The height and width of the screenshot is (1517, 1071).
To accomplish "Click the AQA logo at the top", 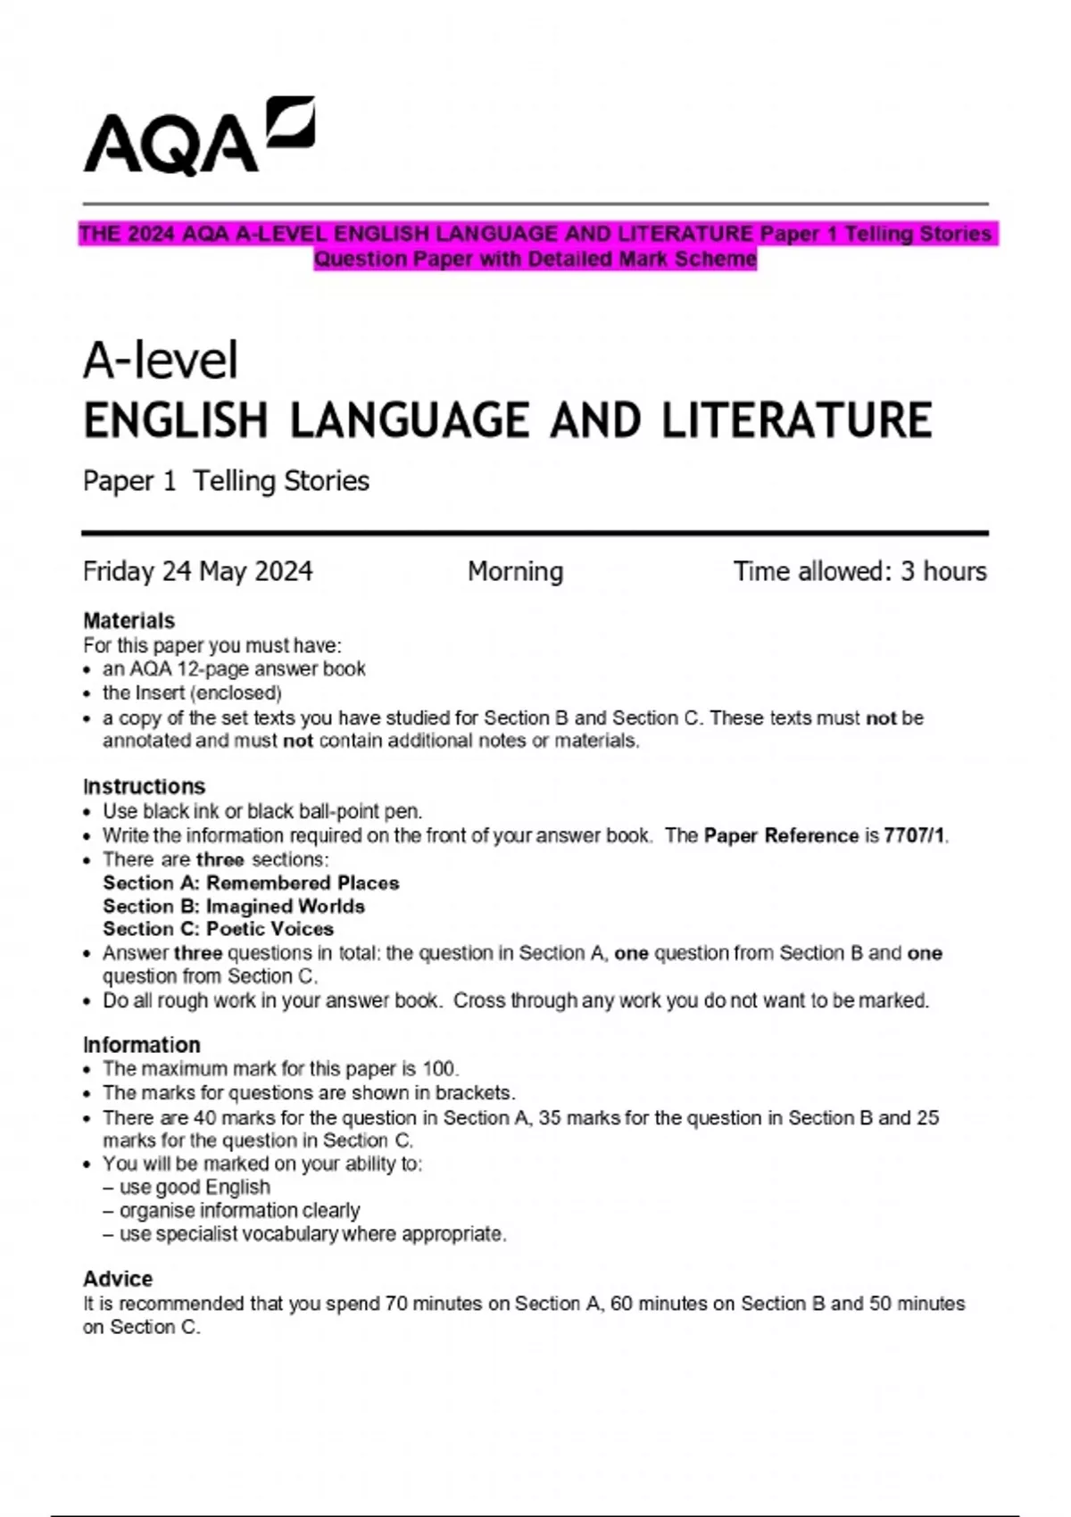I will coord(198,137).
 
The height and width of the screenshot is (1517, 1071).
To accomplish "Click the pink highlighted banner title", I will coord(535,246).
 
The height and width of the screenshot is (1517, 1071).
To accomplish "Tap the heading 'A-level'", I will coord(161,361).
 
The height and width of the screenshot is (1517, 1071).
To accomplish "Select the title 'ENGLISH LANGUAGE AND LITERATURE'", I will coord(507,421).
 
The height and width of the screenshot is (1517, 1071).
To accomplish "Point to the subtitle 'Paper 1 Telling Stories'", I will coord(226,481).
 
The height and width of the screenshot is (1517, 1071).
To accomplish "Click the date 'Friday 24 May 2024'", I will coord(197,571).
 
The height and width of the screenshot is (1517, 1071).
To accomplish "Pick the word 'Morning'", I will coord(515,571).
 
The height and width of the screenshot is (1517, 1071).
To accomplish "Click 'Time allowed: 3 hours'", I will coord(859,571).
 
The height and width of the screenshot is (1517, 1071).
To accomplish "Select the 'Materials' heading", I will coord(129,620).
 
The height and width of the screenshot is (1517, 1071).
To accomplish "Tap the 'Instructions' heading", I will coord(144,786).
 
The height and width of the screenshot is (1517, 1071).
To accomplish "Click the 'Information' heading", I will coord(141,1044).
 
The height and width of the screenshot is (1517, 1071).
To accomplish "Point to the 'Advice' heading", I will coord(118,1278).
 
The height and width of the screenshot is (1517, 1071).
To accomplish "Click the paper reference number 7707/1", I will coord(914,836).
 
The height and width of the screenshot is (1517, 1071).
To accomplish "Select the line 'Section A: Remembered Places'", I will coord(251,883).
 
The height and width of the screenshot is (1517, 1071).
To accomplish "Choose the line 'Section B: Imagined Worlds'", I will coord(234,906).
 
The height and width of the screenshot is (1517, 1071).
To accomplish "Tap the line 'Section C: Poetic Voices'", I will coord(218,929).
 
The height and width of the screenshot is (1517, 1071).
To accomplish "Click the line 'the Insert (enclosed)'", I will coord(192,692).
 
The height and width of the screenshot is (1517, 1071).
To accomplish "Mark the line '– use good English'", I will coord(187,1187).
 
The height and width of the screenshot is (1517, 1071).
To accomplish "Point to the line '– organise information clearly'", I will coord(231,1210).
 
